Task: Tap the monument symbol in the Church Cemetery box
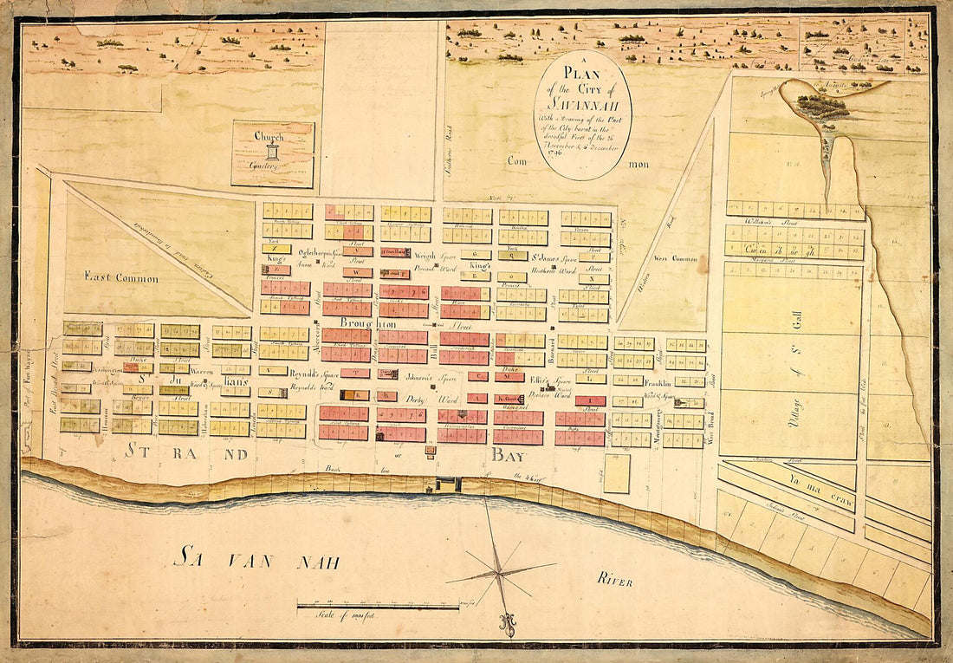click(273, 153)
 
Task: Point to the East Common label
click(121, 277)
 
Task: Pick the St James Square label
click(531, 257)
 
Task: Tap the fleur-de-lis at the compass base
click(505, 622)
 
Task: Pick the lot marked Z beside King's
click(275, 249)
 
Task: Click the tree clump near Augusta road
click(821, 107)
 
